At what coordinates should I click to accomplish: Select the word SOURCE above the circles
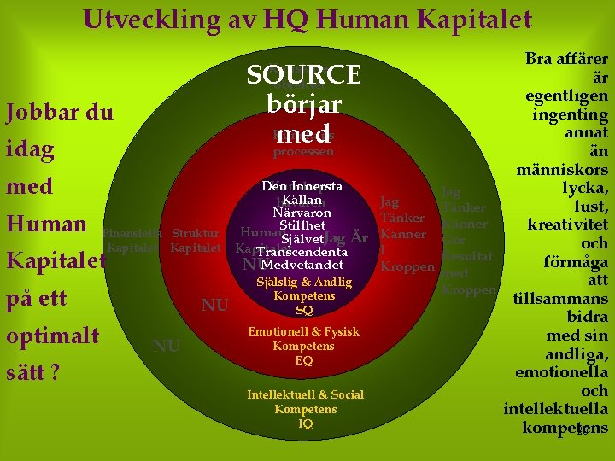[304, 75]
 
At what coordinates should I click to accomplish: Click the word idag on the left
[30, 149]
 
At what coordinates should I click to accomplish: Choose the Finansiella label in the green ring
[131, 232]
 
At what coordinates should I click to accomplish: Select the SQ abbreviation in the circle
[304, 311]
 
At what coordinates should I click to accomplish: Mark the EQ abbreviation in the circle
[304, 360]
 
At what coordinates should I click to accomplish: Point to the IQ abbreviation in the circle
[305, 423]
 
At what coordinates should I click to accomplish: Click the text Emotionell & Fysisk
[304, 331]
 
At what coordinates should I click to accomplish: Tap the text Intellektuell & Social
[305, 394]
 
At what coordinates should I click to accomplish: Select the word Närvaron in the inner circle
[302, 213]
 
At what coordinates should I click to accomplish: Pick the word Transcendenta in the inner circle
[302, 252]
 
